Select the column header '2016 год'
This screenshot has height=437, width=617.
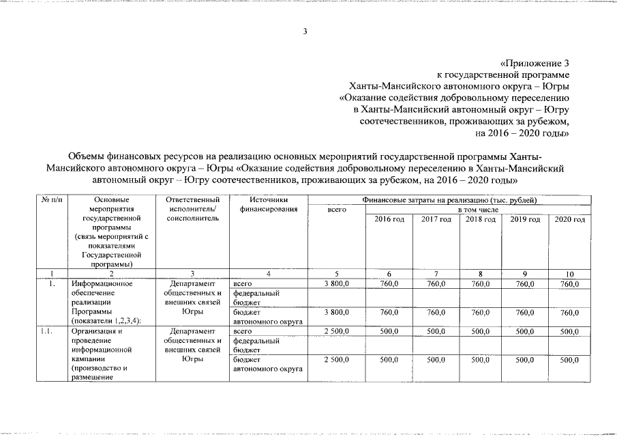click(389, 219)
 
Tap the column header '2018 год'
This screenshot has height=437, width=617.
click(480, 219)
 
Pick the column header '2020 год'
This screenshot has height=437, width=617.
click(570, 219)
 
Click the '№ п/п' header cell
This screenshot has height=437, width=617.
click(52, 199)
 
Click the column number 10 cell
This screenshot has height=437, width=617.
click(570, 274)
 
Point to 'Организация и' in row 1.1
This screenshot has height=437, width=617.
click(97, 331)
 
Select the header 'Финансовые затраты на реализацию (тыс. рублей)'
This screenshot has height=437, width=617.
click(449, 199)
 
